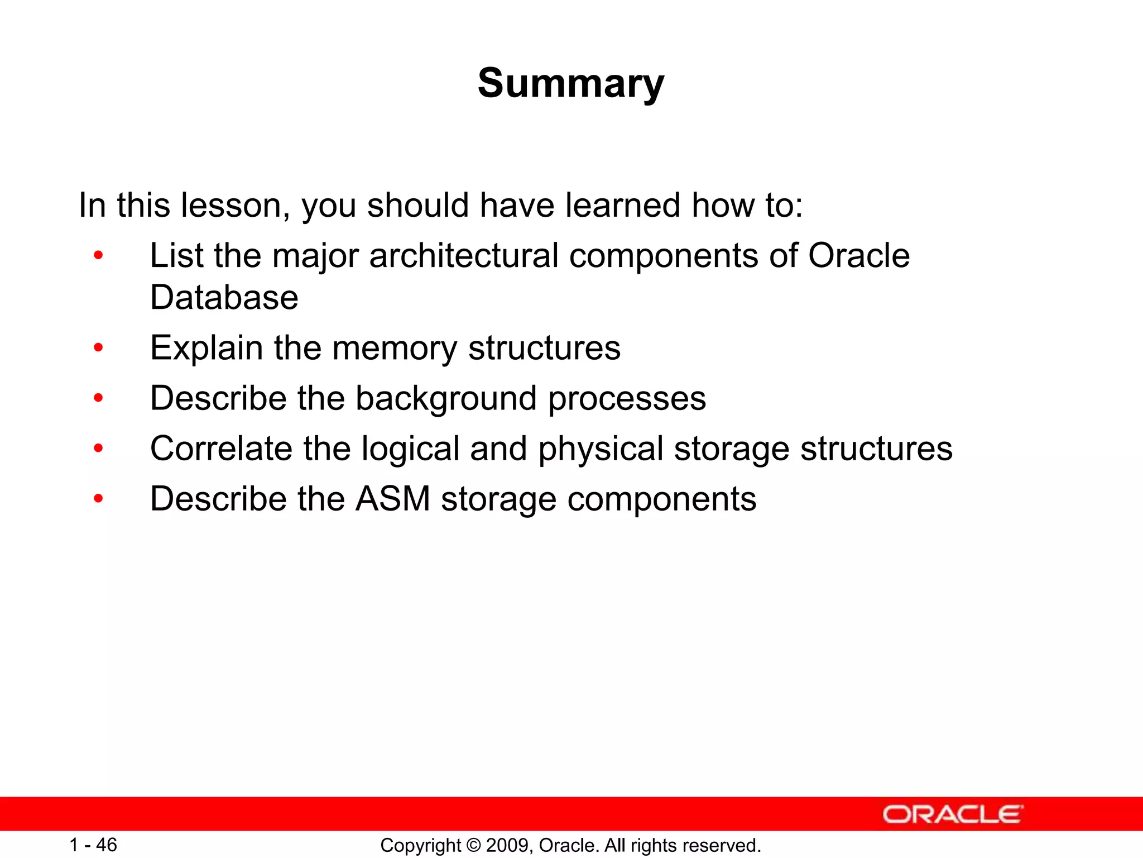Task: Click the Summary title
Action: click(571, 84)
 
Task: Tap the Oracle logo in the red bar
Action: click(953, 814)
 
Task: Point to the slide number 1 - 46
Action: click(93, 845)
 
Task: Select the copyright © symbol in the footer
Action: click(474, 845)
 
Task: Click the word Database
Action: click(224, 297)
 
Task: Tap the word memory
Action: click(394, 347)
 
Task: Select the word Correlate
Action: click(221, 449)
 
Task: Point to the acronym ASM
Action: click(393, 499)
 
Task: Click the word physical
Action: click(601, 449)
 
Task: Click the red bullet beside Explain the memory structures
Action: click(99, 348)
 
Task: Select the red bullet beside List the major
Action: click(99, 256)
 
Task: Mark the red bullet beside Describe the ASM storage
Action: click(99, 499)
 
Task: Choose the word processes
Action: click(627, 399)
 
